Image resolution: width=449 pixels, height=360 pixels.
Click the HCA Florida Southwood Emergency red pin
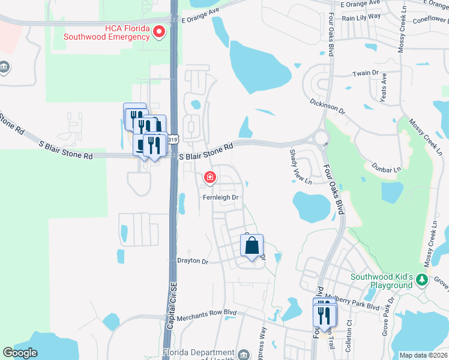tap(159, 32)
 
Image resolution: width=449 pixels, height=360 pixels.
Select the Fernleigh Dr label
tap(221, 197)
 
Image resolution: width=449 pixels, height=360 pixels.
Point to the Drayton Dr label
tap(192, 262)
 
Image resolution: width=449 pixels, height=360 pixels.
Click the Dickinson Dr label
tap(328, 106)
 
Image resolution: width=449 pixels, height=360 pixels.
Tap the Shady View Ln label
tap(300, 167)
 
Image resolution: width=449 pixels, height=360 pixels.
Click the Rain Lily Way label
tap(361, 18)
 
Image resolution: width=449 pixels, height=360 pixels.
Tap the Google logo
tap(20, 353)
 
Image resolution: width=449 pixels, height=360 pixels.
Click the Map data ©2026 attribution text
tap(423, 355)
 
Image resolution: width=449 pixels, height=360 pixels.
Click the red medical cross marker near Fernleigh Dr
tap(210, 176)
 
